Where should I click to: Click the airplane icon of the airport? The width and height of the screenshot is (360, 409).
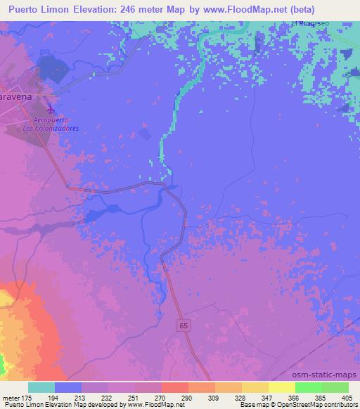click(x=51, y=110)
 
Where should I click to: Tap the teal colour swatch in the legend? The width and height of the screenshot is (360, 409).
click(x=41, y=387)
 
